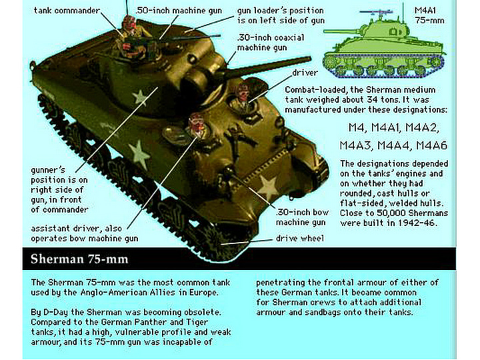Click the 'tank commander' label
click(66, 11)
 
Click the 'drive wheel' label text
click(300, 238)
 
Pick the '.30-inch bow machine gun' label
click(301, 217)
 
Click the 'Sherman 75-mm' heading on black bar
click(80, 259)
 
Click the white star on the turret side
click(141, 97)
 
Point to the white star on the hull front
click(267, 187)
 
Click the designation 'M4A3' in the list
click(361, 145)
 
